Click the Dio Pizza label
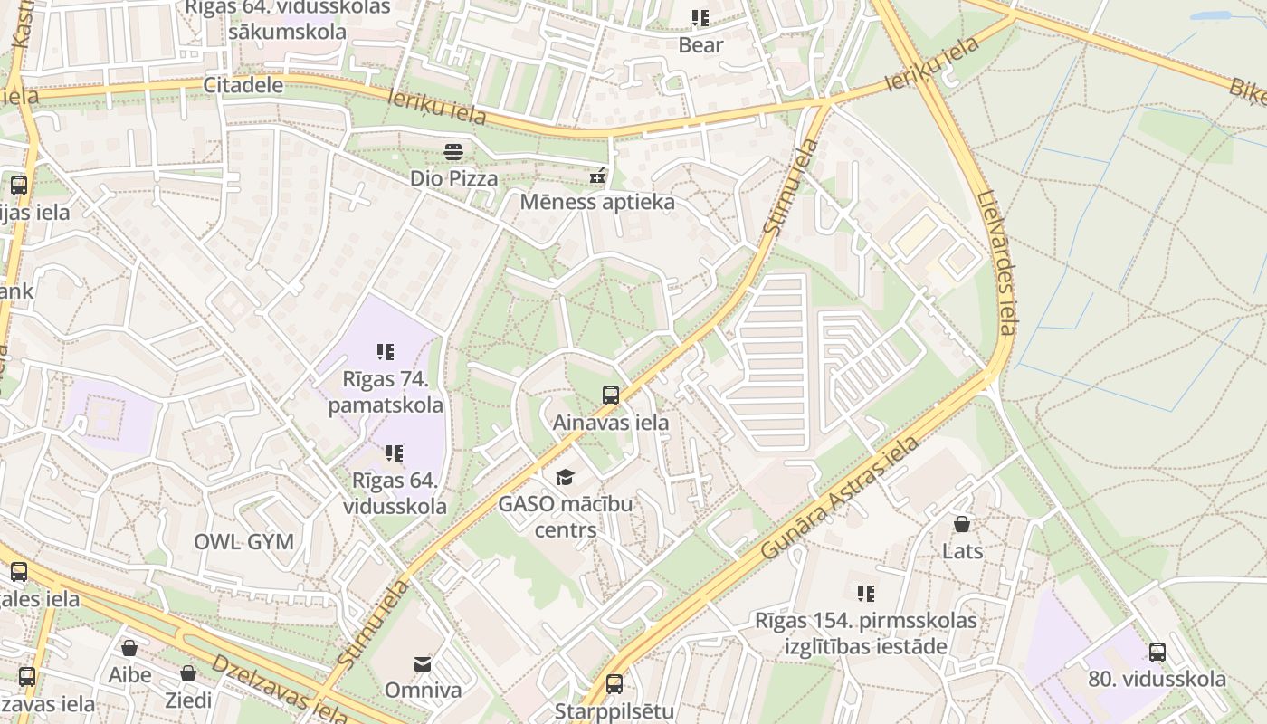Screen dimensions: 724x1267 (x=453, y=178)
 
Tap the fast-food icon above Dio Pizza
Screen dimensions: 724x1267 (x=453, y=150)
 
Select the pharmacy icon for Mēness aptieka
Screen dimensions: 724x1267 (x=597, y=175)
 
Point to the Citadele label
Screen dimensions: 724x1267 (x=243, y=85)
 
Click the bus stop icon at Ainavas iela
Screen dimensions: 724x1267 (x=611, y=395)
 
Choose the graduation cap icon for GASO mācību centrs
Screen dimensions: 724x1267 (x=565, y=477)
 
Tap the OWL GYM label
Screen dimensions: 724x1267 (x=243, y=542)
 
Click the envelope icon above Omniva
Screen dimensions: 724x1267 (x=423, y=664)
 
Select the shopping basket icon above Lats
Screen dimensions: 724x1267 (x=962, y=524)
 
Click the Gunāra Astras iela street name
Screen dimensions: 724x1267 (x=839, y=499)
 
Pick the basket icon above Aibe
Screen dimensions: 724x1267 (x=129, y=648)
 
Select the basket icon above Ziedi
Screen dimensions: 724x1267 (x=187, y=673)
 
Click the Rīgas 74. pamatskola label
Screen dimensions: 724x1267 (x=386, y=391)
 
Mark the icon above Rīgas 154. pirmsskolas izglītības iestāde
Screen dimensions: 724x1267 (x=866, y=594)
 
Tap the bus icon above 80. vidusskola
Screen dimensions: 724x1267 (x=1157, y=652)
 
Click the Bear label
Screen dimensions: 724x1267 (x=700, y=45)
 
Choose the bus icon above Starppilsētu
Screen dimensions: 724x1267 (x=614, y=683)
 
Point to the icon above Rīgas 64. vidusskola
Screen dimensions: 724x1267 (x=395, y=452)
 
